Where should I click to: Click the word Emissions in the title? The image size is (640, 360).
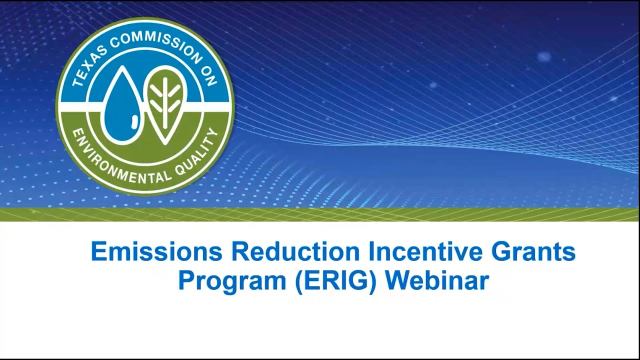[156, 251]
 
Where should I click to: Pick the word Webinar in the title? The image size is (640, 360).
[437, 280]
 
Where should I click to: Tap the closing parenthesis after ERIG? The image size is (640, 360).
[373, 282]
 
